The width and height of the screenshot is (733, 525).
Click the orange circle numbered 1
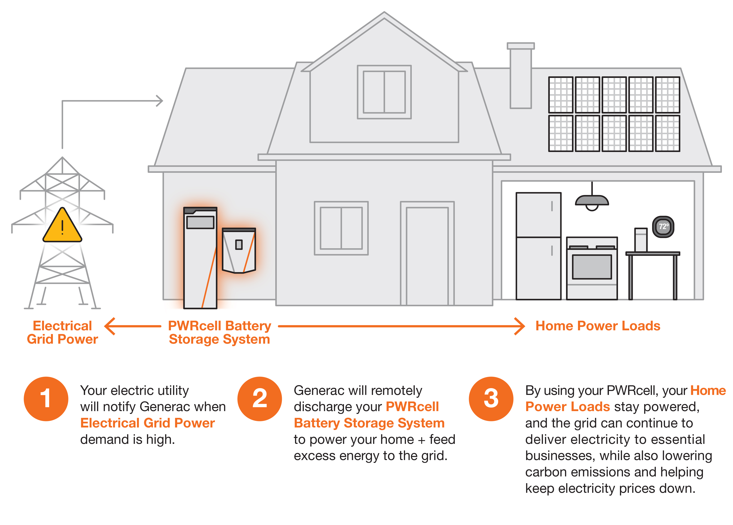[46, 399]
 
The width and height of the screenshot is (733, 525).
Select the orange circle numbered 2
[260, 399]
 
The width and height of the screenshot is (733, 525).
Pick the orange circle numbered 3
[491, 399]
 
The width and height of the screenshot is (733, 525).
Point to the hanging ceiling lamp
[592, 201]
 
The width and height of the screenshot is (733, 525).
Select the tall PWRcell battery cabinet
[200, 258]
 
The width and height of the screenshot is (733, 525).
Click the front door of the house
[427, 255]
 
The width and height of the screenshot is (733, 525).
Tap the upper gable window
[384, 92]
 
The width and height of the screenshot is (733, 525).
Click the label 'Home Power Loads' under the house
[598, 326]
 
